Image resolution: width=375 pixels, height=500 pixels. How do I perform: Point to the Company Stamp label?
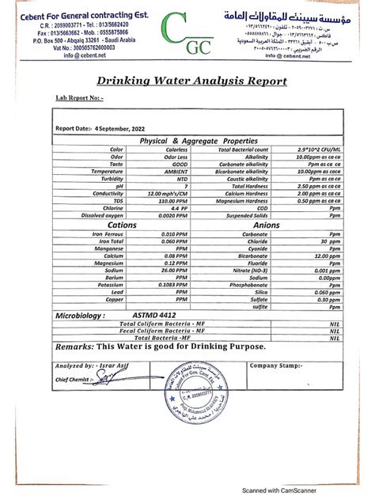pyautogui.click(x=277, y=366)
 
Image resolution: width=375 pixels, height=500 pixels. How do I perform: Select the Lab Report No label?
pyautogui.click(x=80, y=98)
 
